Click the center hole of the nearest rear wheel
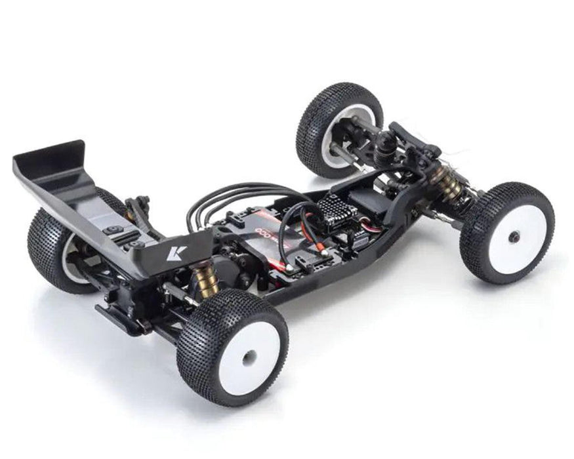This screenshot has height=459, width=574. (x=249, y=357)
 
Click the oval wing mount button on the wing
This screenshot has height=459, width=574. (x=113, y=229)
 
